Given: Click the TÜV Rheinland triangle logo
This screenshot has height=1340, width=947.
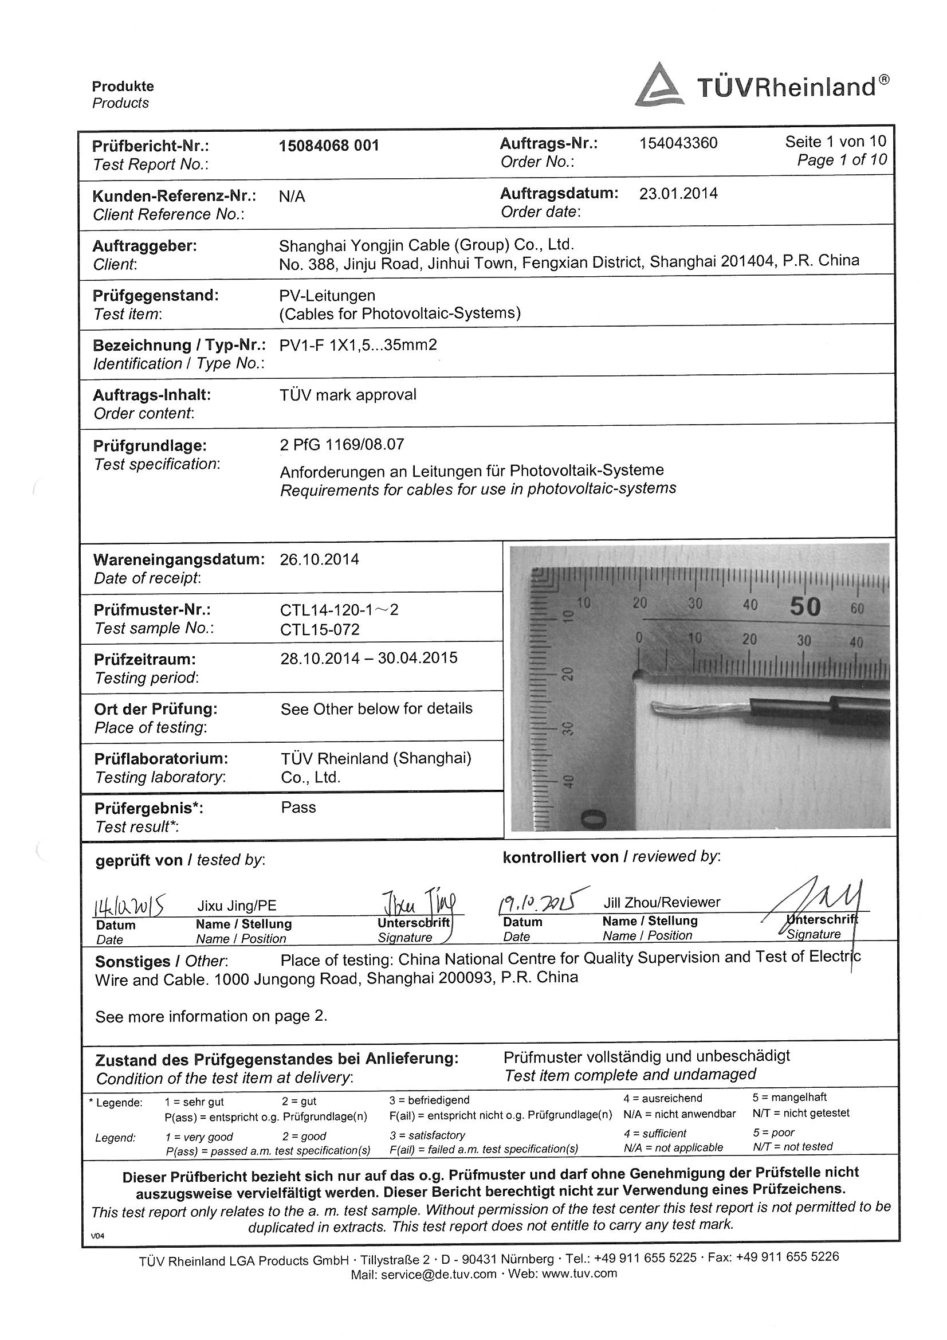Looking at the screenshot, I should point(659,87).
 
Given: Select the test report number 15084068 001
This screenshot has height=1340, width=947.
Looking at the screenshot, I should point(329,146).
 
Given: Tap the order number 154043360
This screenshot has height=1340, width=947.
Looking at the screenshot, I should point(678,143).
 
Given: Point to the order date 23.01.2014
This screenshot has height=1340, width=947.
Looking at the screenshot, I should point(678,194).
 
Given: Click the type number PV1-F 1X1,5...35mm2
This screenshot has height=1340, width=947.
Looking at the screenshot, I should point(358,345).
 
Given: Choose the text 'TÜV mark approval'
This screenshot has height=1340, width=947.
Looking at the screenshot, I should point(348,395).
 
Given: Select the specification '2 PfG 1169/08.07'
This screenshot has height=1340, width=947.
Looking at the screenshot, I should point(342,445).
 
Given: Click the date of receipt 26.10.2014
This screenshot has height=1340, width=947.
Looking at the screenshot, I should point(319,560).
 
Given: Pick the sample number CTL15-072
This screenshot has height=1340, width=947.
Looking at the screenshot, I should point(320,630).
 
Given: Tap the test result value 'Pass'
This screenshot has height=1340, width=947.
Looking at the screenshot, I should point(298,808).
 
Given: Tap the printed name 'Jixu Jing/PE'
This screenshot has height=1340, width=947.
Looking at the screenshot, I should point(236,906).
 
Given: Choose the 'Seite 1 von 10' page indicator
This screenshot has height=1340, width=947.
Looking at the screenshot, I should point(835,141).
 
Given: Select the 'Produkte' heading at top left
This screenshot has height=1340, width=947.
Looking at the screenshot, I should point(123,87).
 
